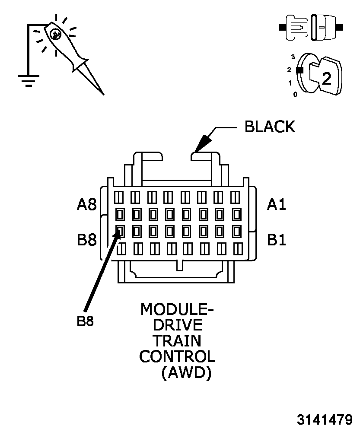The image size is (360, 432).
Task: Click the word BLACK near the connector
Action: point(270,127)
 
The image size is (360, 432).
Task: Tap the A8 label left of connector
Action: point(86,204)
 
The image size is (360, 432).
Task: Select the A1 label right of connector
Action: point(276,204)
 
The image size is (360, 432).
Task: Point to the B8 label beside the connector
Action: point(86,240)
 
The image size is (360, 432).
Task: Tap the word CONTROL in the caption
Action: point(177,356)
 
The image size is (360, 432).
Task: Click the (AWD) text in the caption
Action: point(186,372)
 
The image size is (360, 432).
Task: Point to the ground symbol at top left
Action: point(29,80)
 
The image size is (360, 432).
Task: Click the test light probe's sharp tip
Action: point(102,93)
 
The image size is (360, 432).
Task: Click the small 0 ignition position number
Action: point(295,94)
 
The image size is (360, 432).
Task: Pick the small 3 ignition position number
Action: point(293,57)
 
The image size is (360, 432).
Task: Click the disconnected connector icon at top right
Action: point(311,27)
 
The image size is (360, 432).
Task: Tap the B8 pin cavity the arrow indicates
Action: point(120,231)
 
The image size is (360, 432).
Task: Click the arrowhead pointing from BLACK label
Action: point(200,145)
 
